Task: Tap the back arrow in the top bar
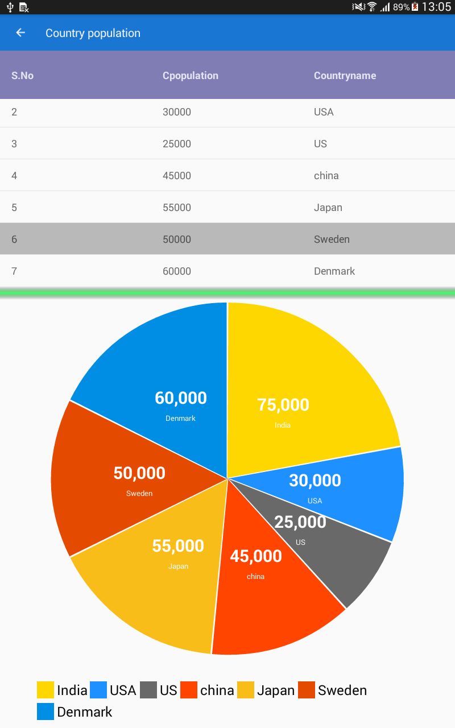point(20,33)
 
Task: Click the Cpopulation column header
point(190,76)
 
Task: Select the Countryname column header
point(345,76)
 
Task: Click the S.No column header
point(22,76)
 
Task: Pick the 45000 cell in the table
point(177,176)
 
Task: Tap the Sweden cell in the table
point(332,239)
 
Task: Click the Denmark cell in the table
point(334,271)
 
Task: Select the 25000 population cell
point(177,144)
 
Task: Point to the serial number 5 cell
point(14,208)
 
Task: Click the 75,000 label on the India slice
point(283,405)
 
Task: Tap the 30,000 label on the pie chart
point(315,481)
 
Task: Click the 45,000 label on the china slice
point(255,556)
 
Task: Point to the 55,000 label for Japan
point(178,546)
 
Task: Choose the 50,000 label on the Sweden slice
point(139,473)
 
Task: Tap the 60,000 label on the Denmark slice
point(180,398)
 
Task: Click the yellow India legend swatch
point(45,690)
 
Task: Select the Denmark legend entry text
point(85,712)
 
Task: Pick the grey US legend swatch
point(148,690)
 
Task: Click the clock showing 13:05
point(436,7)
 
